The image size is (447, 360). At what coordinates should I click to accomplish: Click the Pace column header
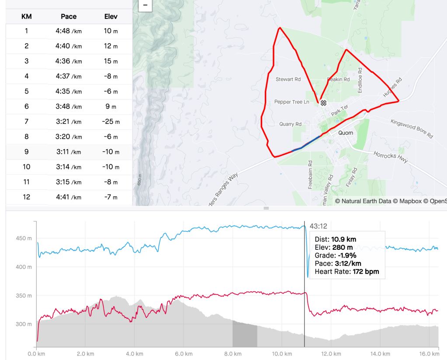[69, 17]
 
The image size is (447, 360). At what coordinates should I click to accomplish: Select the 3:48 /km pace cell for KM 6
[69, 106]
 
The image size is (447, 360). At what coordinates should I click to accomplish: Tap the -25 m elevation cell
[111, 122]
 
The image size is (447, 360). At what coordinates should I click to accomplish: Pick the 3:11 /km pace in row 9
[69, 152]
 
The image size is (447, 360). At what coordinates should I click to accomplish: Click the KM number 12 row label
[27, 197]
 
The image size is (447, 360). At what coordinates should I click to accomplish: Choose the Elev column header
[111, 17]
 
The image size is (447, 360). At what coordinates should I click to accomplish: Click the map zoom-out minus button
[145, 6]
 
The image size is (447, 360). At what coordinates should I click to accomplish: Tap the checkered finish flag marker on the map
[323, 103]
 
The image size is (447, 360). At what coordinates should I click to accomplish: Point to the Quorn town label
[346, 133]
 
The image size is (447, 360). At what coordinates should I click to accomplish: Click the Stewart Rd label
[288, 80]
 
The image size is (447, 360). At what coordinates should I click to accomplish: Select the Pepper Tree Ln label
[291, 102]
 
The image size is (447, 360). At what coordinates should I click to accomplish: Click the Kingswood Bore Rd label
[412, 129]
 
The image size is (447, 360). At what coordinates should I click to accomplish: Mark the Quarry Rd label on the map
[290, 124]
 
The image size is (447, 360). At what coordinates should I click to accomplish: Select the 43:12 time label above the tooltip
[318, 226]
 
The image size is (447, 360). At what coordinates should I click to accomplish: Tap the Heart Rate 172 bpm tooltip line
[347, 272]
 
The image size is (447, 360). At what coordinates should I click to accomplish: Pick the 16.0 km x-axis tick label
[430, 353]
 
